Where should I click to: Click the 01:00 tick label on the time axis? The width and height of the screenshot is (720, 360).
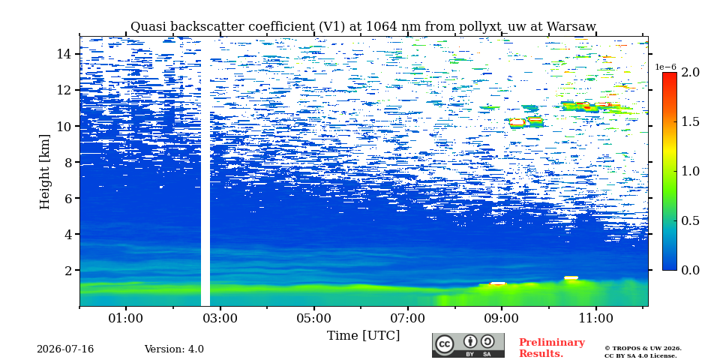point(126,319)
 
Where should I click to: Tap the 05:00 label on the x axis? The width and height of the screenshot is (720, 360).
point(314,319)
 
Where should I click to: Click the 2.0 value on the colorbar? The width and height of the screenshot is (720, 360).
point(690,72)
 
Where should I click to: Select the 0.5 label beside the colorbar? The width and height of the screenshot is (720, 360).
point(690,220)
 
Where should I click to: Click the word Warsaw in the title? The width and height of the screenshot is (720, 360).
point(571,27)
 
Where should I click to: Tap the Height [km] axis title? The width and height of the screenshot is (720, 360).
point(44,172)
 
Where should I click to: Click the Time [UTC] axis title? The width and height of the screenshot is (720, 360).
point(363,336)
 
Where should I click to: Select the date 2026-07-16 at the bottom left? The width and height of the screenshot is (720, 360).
point(65,349)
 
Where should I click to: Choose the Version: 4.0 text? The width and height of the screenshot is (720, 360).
point(174,349)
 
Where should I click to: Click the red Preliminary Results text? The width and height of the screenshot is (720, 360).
point(552,348)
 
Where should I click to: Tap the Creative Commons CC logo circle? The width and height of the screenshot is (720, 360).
point(444,344)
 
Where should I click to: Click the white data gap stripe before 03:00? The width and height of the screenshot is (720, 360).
point(205,172)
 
